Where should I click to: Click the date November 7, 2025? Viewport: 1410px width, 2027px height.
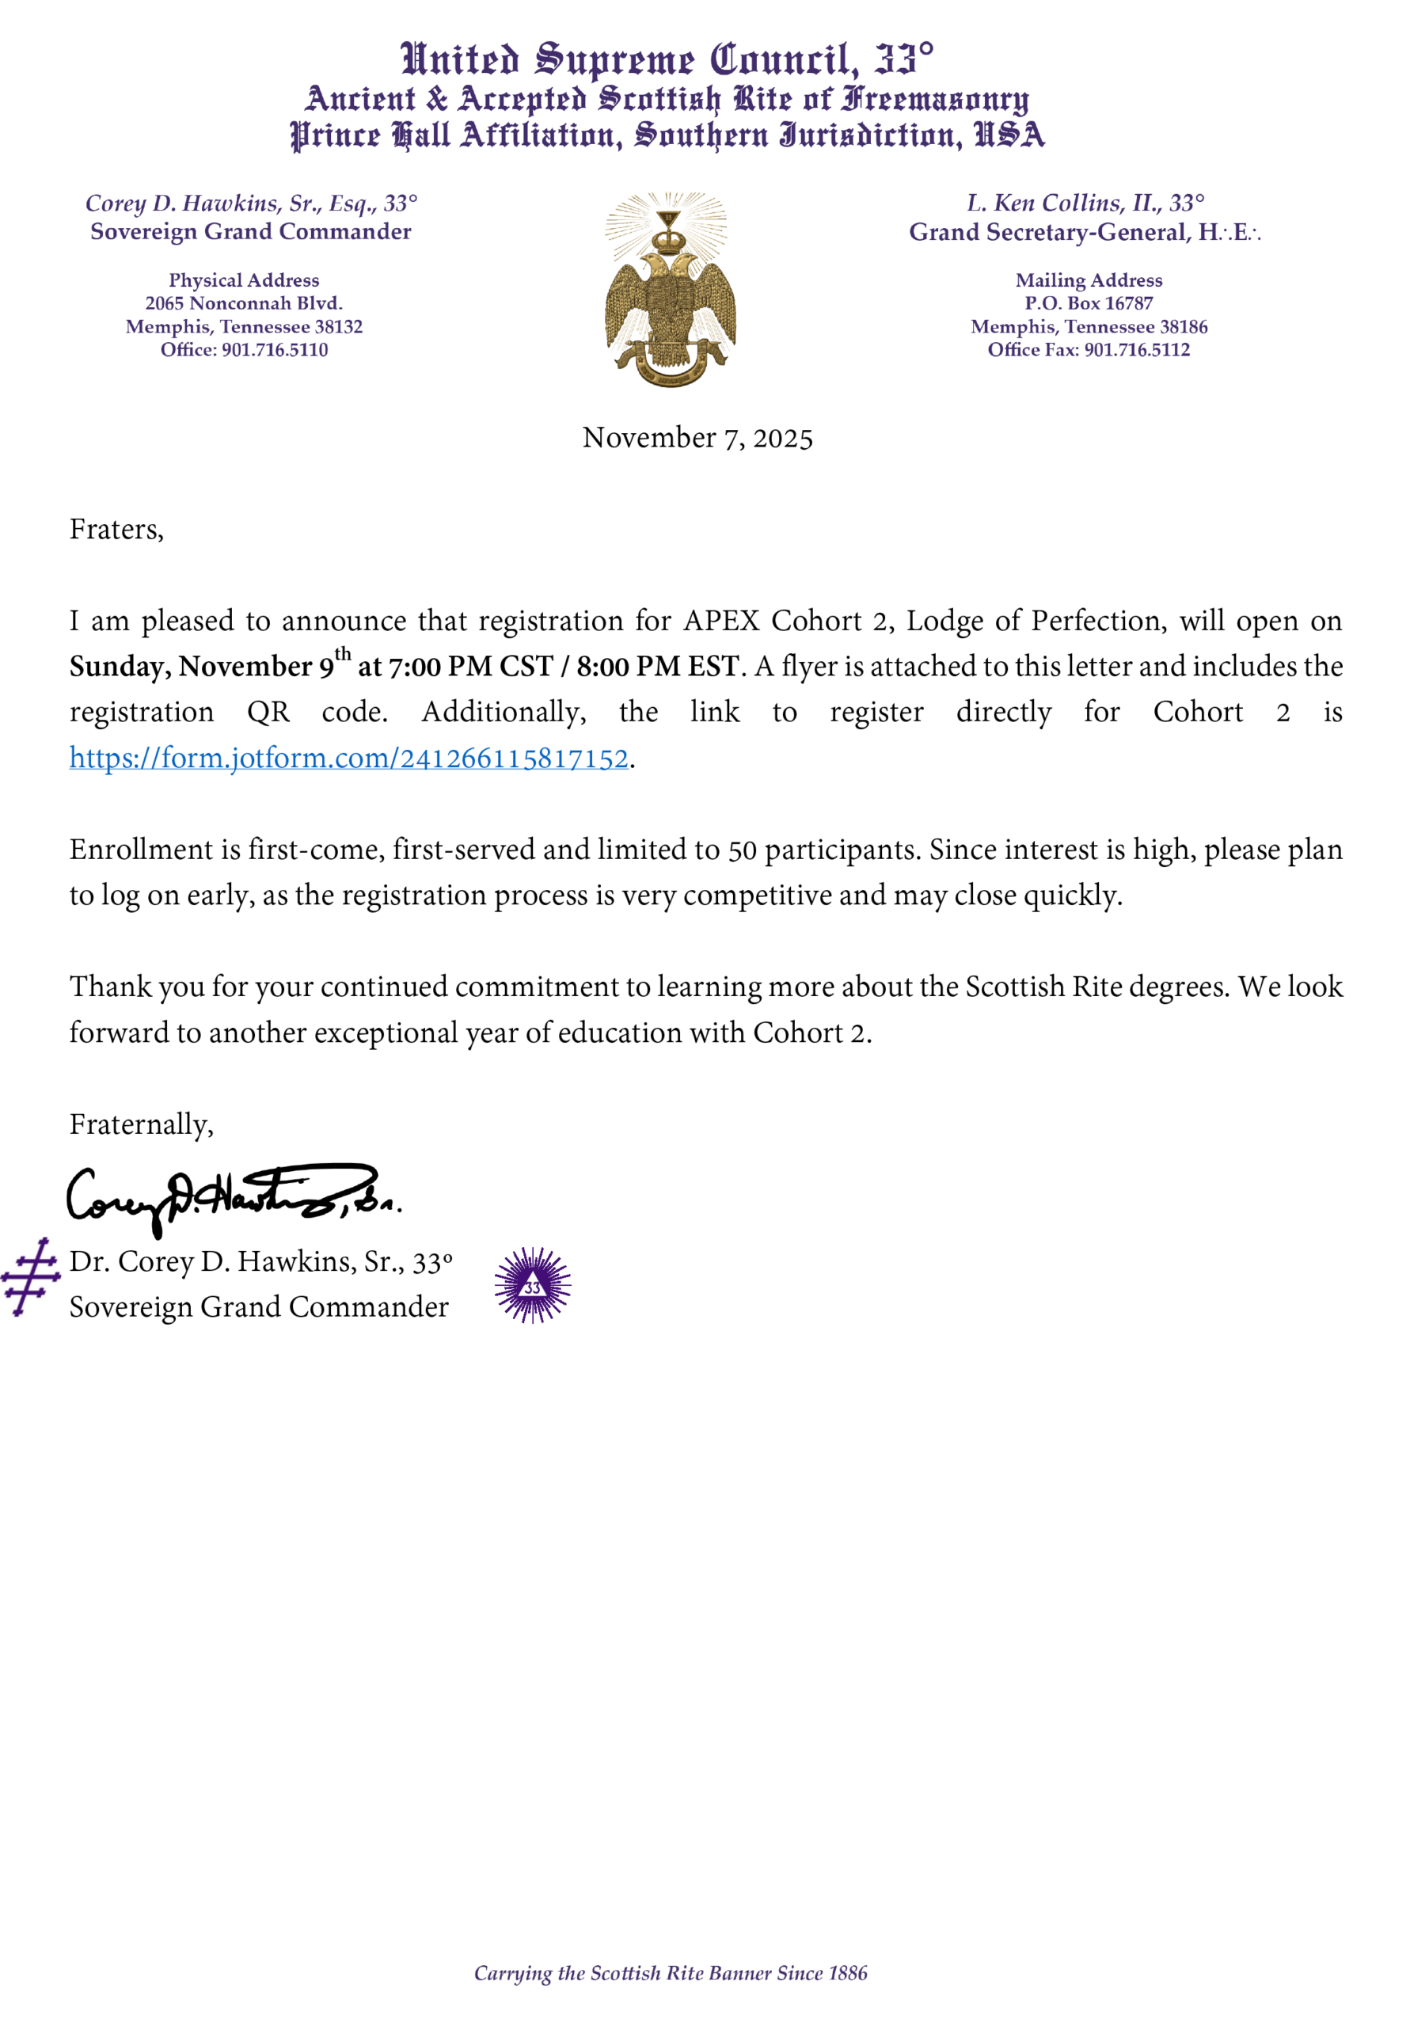pos(697,438)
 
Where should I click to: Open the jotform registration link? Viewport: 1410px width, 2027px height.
pos(349,759)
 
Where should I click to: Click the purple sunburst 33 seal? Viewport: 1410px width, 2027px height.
pos(532,1285)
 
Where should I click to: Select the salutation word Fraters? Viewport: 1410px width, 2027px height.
pos(116,530)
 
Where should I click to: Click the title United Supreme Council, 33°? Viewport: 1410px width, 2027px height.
pos(667,60)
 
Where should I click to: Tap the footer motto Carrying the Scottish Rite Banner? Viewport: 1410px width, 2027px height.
pos(670,1973)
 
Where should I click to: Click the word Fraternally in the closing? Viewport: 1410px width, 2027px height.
pos(140,1124)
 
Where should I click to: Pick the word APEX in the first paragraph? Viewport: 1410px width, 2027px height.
pos(721,622)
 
